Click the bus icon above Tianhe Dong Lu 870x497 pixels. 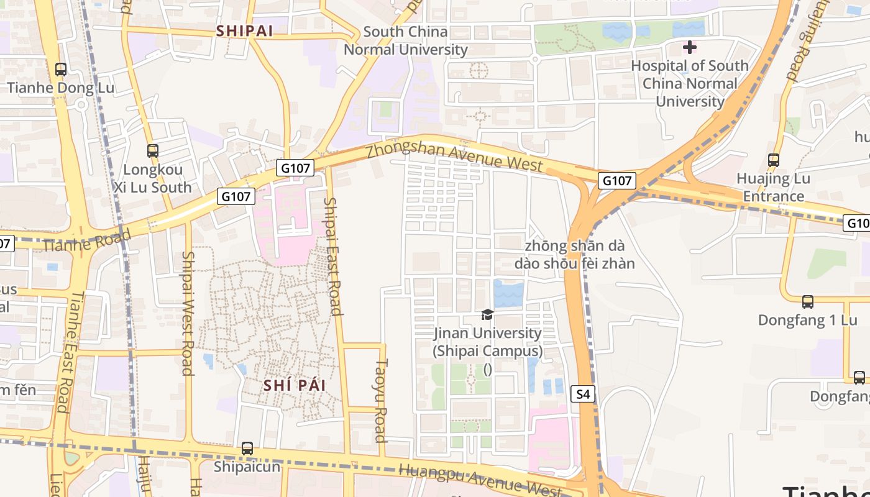pos(61,70)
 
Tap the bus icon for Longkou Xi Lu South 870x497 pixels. pos(153,150)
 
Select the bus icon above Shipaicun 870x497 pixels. pos(247,448)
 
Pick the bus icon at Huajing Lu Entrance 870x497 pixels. pos(774,160)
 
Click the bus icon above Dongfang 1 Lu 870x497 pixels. pos(807,302)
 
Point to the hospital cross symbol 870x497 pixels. pos(689,47)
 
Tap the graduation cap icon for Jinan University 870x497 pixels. pos(487,315)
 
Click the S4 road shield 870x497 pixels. pos(583,394)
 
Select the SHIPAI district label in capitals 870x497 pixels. pos(244,31)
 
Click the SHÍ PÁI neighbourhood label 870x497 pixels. pos(295,385)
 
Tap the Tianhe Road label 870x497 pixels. pos(87,241)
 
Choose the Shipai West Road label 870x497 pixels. pos(187,313)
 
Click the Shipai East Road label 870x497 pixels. pos(334,256)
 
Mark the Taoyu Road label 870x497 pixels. pos(381,400)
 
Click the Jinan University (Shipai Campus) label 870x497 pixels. pos(488,342)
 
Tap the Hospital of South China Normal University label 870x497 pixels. pos(690,83)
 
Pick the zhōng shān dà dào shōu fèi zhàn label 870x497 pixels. pos(574,255)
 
